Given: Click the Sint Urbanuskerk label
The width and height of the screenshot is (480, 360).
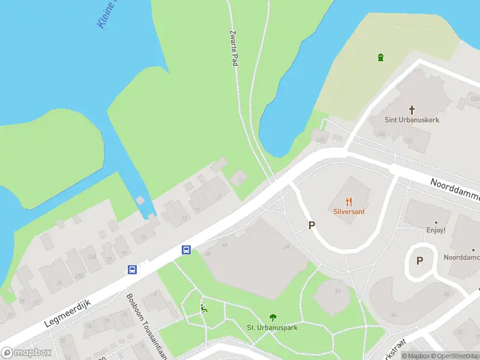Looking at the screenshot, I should tap(412, 120).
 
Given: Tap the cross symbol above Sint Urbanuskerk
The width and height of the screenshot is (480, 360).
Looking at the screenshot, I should tap(412, 109).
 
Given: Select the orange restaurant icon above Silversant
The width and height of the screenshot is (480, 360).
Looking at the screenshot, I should tap(349, 202).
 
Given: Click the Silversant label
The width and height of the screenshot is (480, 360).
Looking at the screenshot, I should tap(349, 212).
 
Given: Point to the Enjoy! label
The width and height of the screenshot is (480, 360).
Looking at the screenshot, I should tap(436, 229).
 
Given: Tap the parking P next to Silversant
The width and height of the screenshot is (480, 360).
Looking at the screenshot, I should tap(311, 225).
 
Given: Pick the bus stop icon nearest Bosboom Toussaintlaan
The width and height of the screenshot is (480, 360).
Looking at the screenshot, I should tap(132, 270).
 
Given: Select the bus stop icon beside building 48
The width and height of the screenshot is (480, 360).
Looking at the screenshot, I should tap(187, 250).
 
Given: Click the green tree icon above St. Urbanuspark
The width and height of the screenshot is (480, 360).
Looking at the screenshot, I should tap(272, 317).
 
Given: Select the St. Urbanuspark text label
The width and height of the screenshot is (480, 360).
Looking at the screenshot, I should tap(272, 327).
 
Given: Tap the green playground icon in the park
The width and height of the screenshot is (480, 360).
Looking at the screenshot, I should tap(204, 310).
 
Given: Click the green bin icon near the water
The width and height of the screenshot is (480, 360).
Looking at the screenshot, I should tap(380, 57).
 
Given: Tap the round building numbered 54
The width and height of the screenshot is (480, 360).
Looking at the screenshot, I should tap(332, 296).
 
